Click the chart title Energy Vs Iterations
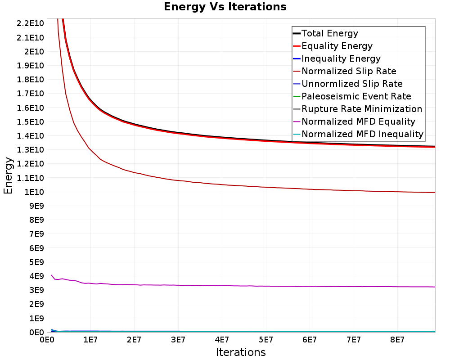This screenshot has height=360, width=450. tap(225, 7)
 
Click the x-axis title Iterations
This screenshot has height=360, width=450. tap(241, 352)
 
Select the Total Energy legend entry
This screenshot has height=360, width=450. tap(329, 33)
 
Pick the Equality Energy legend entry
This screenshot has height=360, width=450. tap(337, 46)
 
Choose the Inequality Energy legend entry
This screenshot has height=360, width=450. tap(341, 58)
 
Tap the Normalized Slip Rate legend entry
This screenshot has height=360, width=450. tap(349, 71)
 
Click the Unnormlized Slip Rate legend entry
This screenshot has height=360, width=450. tap(352, 84)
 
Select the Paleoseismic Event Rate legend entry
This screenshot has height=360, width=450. tap(356, 96)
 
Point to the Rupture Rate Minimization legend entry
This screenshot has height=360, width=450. tap(361, 109)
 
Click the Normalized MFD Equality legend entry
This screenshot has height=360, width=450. tap(358, 121)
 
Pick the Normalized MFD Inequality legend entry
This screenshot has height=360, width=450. tap(362, 134)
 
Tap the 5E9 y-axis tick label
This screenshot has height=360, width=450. tap(36, 262)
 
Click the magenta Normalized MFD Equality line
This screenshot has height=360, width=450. tap(225, 286)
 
